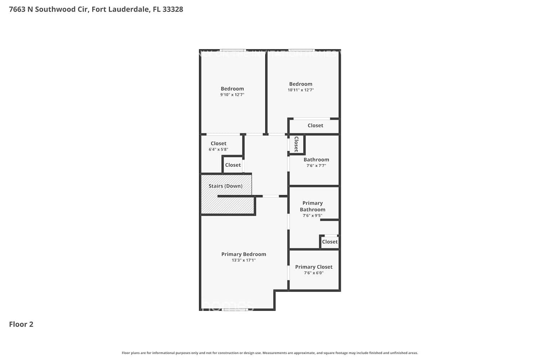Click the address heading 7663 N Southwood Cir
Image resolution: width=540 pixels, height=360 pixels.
pyautogui.click(x=96, y=9)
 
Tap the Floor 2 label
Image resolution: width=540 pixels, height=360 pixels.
pyautogui.click(x=21, y=324)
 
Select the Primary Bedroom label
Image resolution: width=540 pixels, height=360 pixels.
pyautogui.click(x=243, y=254)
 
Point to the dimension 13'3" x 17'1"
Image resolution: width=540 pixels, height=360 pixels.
pyautogui.click(x=243, y=260)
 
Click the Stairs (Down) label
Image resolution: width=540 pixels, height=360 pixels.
pyautogui.click(x=225, y=186)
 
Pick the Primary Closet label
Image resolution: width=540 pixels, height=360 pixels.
pyautogui.click(x=314, y=267)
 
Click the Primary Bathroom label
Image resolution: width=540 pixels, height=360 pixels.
pyautogui.click(x=312, y=206)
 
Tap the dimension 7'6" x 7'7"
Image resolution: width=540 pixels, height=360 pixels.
pyautogui.click(x=316, y=166)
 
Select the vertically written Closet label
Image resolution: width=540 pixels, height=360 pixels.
pyautogui.click(x=296, y=144)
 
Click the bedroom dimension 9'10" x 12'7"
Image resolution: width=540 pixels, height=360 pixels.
pyautogui.click(x=232, y=95)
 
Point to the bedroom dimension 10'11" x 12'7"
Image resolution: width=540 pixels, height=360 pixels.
pyautogui.click(x=301, y=90)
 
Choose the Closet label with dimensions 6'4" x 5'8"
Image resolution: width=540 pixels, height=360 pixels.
pyautogui.click(x=219, y=143)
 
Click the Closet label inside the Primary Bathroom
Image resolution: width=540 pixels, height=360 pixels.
pyautogui.click(x=330, y=242)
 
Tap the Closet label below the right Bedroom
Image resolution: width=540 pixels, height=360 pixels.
pyautogui.click(x=315, y=125)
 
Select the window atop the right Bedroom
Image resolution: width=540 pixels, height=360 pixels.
pyautogui.click(x=301, y=50)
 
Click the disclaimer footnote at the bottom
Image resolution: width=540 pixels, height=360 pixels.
pyautogui.click(x=270, y=353)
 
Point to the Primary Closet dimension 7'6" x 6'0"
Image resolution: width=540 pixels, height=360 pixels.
pyautogui.click(x=314, y=273)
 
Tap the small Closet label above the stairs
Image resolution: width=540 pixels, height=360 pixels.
pyautogui.click(x=233, y=165)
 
